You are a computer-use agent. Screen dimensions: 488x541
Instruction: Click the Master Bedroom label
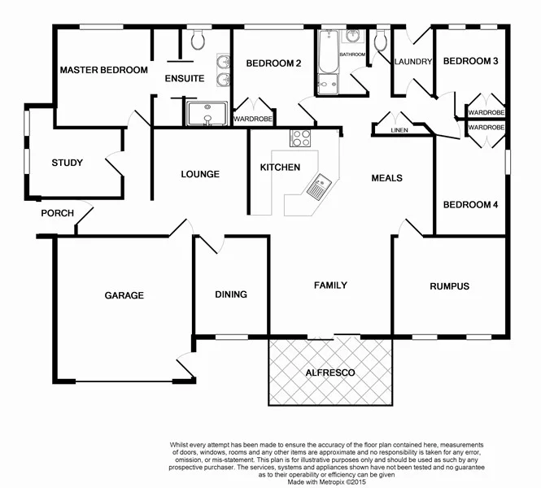pos(103,70)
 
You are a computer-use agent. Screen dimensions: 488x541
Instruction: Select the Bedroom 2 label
pos(274,63)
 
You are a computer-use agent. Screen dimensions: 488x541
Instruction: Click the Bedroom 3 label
pos(470,61)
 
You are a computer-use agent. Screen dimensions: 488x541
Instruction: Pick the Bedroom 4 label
pos(470,205)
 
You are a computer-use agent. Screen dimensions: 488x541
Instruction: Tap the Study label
pos(67,163)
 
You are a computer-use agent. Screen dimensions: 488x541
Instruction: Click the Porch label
pos(58,213)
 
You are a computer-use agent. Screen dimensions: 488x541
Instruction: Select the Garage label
pos(124,295)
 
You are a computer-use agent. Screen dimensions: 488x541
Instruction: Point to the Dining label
pos(231,294)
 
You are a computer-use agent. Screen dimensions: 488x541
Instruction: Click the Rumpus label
pos(450,286)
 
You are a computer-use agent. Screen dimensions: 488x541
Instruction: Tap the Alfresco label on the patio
pos(329,372)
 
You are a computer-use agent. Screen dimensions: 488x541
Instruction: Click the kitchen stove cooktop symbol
pos(301,138)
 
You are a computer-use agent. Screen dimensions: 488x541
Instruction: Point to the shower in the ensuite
pos(207,115)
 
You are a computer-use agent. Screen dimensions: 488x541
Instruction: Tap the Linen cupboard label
pos(399,129)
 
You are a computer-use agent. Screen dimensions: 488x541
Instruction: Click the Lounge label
pos(200,174)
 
